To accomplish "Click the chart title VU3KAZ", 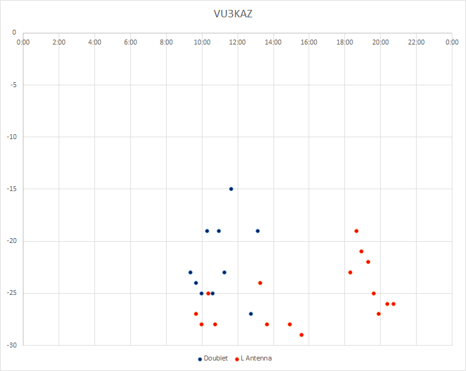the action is click(233, 14).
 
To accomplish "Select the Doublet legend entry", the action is click(213, 358).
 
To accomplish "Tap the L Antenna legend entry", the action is click(253, 358).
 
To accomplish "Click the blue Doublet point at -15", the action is click(231, 189).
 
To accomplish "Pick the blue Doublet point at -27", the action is click(251, 314).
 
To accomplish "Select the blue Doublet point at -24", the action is click(196, 283).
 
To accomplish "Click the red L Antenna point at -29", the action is click(301, 335).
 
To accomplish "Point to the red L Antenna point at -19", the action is click(356, 231).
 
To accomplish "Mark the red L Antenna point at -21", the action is click(362, 251).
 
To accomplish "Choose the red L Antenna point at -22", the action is click(368, 262).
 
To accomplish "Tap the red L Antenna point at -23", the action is click(350, 273).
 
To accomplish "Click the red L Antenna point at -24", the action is click(260, 283).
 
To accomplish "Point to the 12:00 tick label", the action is click(238, 42).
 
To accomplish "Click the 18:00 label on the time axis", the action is click(345, 42).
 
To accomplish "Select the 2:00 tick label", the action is click(59, 42).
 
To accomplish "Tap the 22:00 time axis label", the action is click(417, 42).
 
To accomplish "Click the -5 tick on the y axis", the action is click(13, 85).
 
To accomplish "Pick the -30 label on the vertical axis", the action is click(12, 346).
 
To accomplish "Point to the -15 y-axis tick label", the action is click(12, 189).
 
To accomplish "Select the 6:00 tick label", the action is click(130, 42).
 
